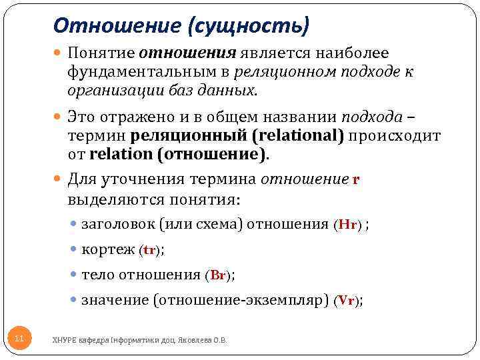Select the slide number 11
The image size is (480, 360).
tap(19, 339)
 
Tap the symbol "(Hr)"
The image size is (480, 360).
tap(347, 225)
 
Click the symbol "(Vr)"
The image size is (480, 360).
tap(347, 301)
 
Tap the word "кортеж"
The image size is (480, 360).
tap(107, 250)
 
